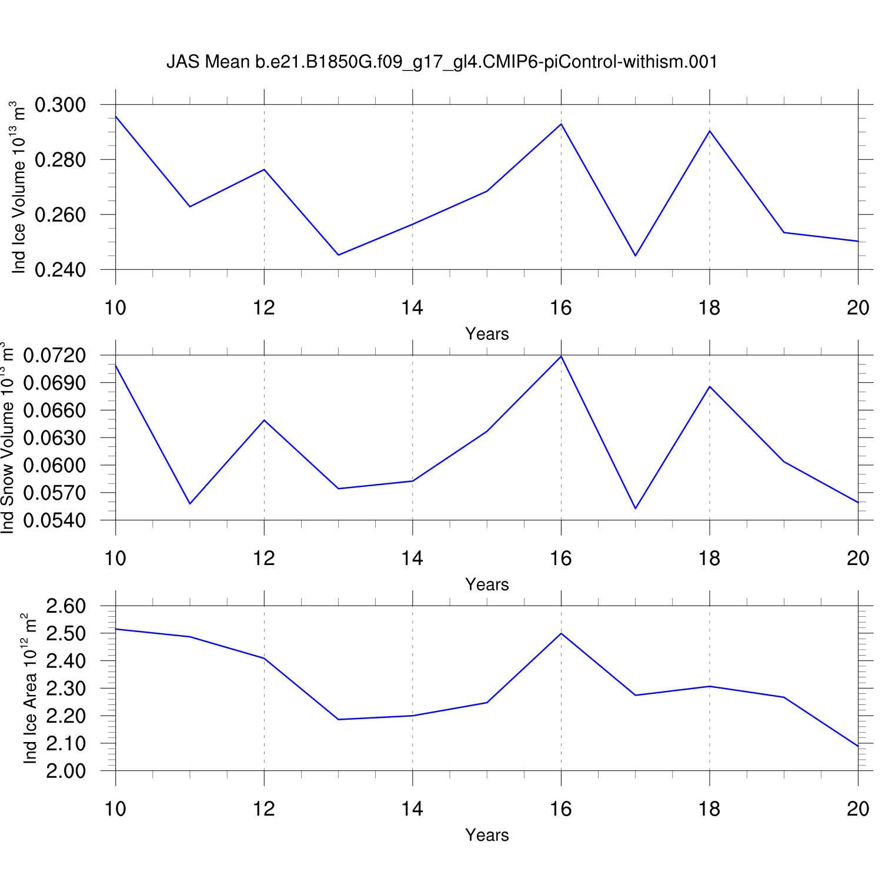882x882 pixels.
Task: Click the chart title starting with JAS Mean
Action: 442,62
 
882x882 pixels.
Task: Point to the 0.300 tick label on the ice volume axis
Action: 60,105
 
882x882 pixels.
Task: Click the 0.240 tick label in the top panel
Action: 60,270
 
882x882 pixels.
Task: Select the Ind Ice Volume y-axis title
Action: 19,188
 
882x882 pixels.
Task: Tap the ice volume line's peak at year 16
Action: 562,124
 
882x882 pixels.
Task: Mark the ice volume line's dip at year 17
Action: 636,256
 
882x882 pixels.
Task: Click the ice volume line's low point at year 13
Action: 339,255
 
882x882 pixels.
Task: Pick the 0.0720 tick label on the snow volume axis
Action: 54,356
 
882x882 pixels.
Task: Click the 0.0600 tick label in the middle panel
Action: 54,466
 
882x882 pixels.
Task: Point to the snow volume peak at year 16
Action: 562,356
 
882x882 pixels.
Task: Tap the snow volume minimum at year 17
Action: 636,509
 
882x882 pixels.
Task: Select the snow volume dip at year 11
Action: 190,504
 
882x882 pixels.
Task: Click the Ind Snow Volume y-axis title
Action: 7,437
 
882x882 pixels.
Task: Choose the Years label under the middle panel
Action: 487,584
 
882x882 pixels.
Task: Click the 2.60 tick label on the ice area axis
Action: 66,606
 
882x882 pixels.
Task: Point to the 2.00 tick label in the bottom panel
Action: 66,771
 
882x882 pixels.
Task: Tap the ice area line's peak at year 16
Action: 562,633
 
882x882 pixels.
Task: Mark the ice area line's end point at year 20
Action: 858,746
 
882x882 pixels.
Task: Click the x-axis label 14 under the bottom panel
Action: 412,809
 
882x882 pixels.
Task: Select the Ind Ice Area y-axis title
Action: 30,689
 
